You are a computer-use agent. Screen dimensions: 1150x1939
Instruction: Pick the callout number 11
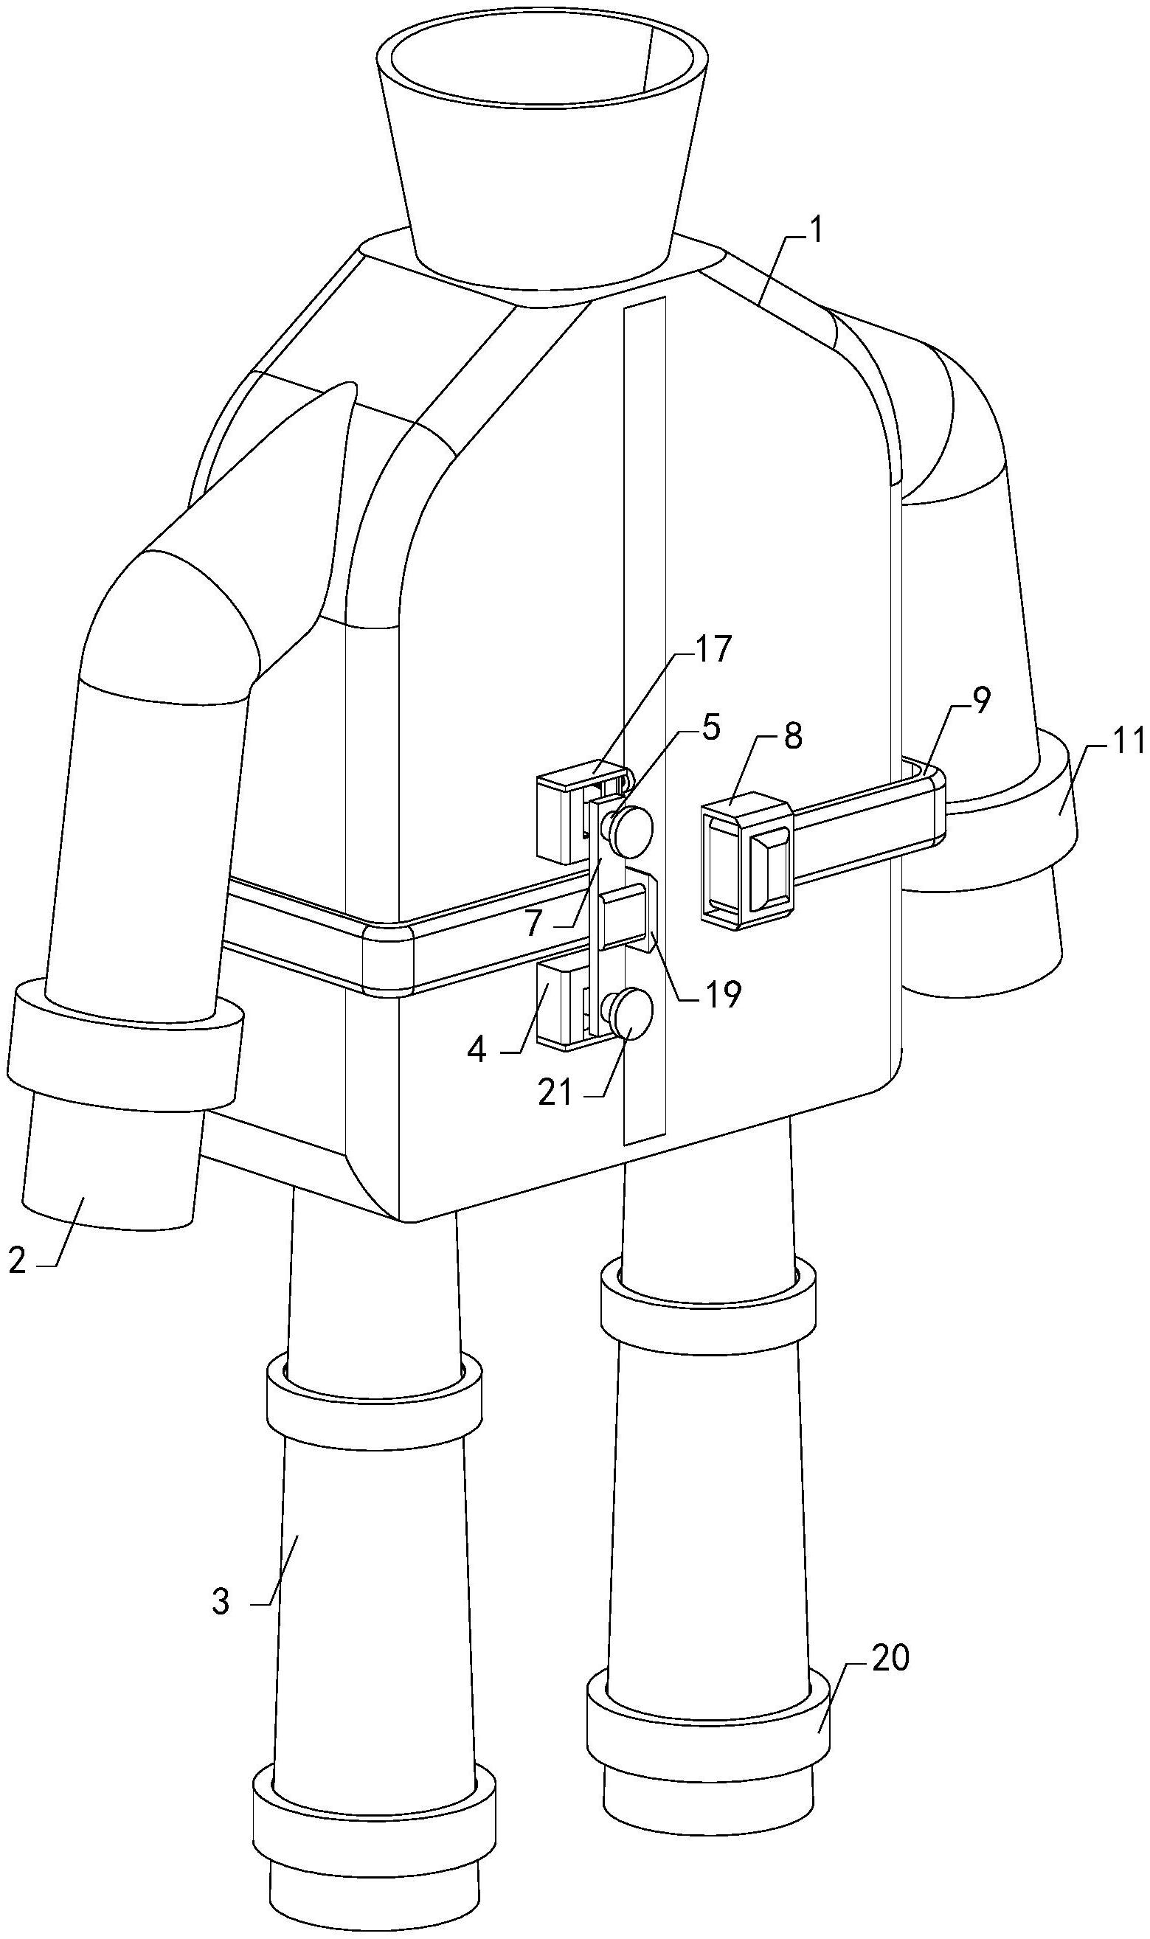1129,740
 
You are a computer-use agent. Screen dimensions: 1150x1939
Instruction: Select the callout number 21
555,1092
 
